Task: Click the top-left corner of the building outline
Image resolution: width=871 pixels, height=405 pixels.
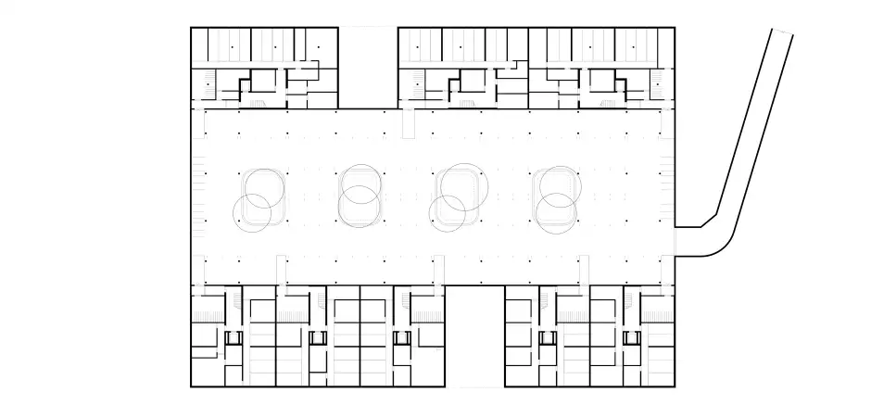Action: (191, 28)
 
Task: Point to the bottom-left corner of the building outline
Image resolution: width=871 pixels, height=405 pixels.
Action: (191, 386)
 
